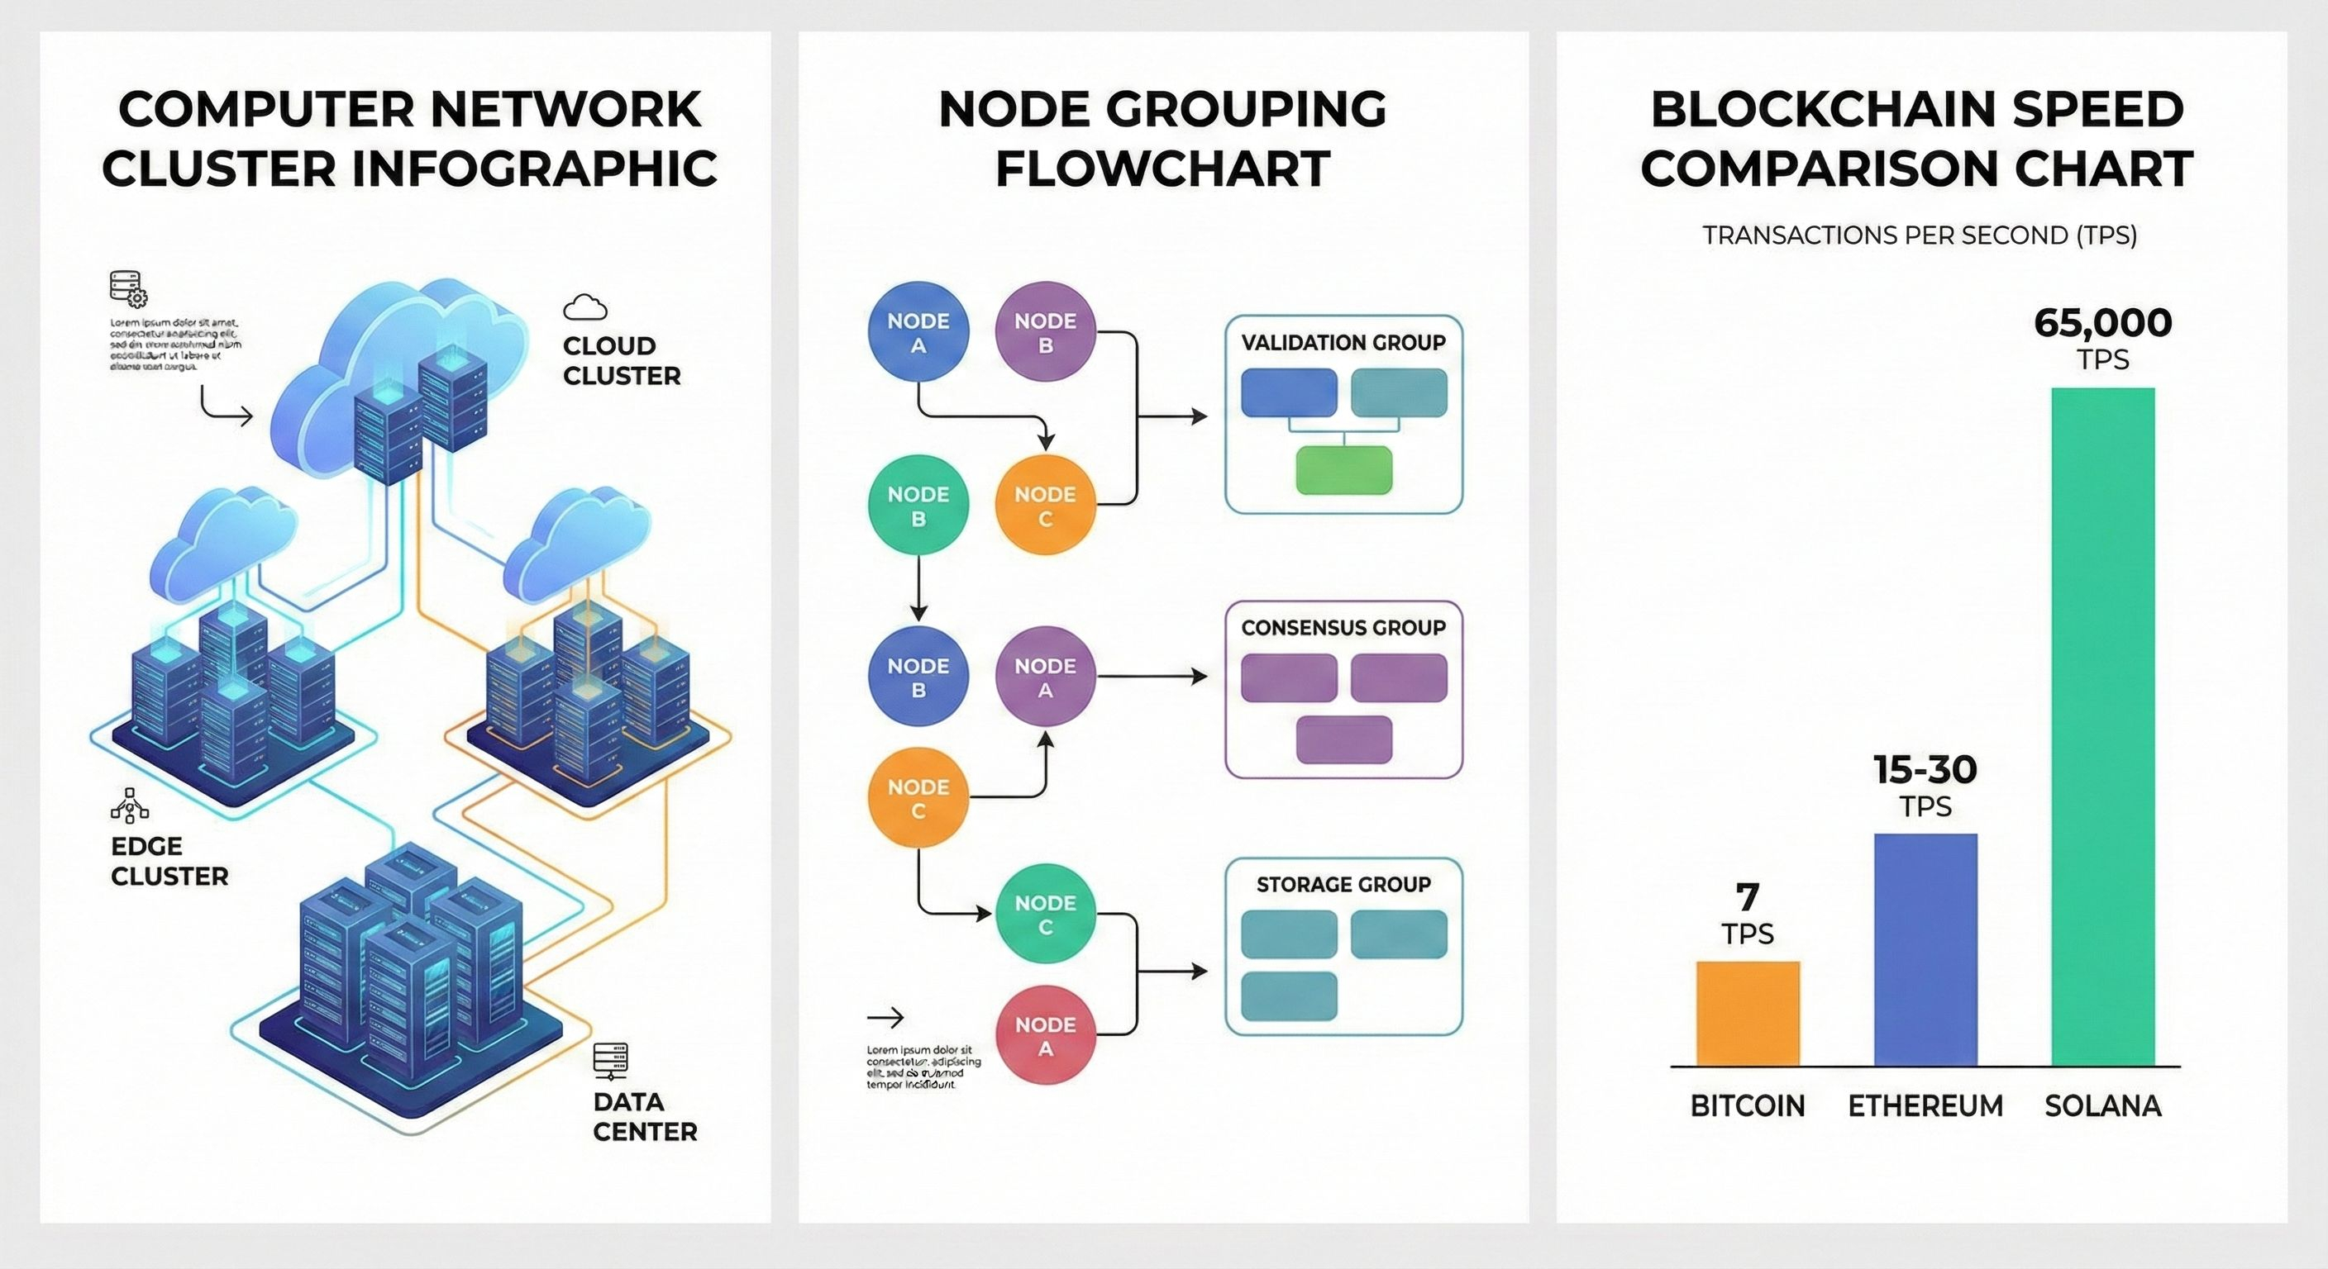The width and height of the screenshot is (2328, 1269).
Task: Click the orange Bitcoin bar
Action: (x=1748, y=1014)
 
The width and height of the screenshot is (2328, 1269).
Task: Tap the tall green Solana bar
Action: (x=2103, y=727)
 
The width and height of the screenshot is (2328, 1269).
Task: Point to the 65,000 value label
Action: (x=2103, y=323)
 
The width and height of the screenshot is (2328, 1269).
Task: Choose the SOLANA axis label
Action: (x=2103, y=1105)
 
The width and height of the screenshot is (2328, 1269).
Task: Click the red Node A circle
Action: (x=1046, y=1036)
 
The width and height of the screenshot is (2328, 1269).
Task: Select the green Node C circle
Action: (x=1046, y=914)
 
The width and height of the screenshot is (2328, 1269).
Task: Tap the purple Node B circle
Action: (x=1046, y=332)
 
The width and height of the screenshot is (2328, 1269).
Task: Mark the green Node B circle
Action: (x=918, y=506)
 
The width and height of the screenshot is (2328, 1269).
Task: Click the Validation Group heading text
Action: (x=1343, y=342)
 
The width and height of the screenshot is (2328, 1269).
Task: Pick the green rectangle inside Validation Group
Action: (x=1344, y=469)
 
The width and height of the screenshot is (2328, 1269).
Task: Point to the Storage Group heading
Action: (x=1343, y=884)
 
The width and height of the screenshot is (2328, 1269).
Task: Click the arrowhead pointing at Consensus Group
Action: (x=1200, y=677)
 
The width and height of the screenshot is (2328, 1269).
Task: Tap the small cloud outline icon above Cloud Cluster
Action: (x=584, y=308)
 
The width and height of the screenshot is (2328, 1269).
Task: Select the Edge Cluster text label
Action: (x=169, y=861)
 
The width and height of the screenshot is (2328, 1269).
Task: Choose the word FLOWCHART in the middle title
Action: (x=1162, y=169)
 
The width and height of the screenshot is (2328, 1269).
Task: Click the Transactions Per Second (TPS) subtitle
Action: (x=1920, y=235)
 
